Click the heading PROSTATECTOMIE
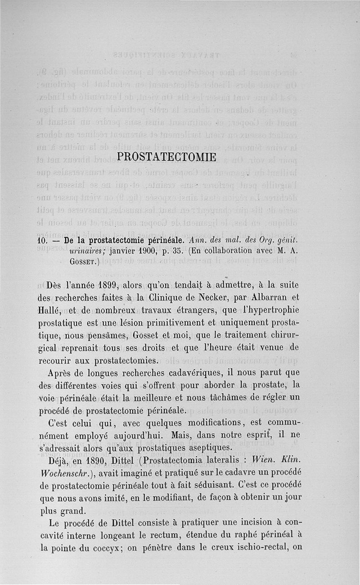[x=166, y=157]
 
